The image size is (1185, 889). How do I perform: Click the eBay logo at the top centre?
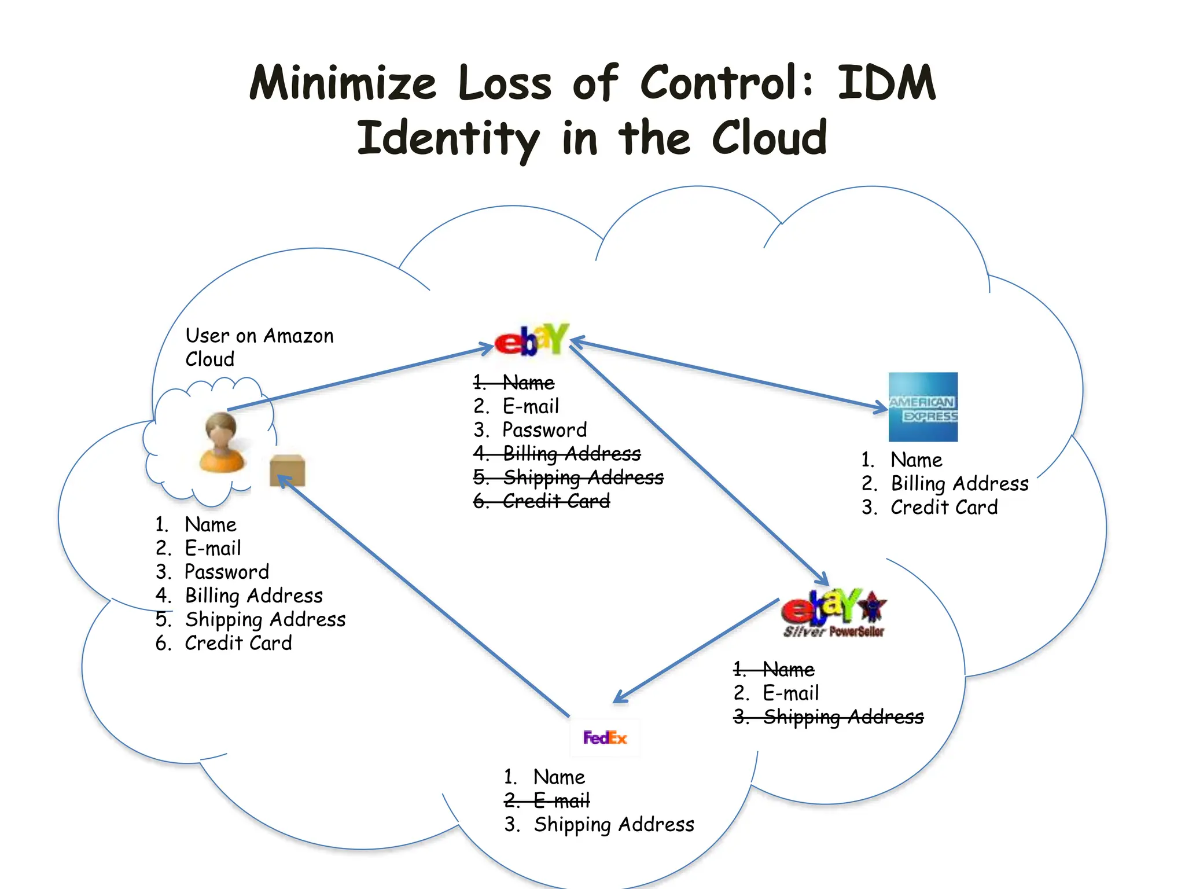pyautogui.click(x=531, y=340)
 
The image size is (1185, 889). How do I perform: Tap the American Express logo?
pyautogui.click(x=923, y=407)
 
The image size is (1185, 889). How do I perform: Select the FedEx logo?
pyautogui.click(x=605, y=737)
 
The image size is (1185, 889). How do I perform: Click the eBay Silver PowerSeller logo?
pyautogui.click(x=834, y=614)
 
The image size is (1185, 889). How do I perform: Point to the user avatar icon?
pyautogui.click(x=222, y=442)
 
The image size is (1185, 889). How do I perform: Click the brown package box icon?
pyautogui.click(x=288, y=470)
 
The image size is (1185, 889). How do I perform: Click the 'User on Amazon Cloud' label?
pyautogui.click(x=259, y=347)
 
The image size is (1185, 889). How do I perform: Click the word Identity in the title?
pyautogui.click(x=448, y=138)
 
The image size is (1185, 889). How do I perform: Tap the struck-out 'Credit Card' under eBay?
pyautogui.click(x=555, y=501)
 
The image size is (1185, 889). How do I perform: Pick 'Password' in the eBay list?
pyautogui.click(x=544, y=430)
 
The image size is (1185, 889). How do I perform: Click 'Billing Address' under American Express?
pyautogui.click(x=959, y=483)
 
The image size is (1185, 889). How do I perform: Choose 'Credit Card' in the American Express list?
pyautogui.click(x=944, y=507)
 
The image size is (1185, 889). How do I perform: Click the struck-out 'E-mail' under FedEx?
pyautogui.click(x=561, y=800)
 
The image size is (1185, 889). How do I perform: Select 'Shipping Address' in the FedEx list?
pyautogui.click(x=613, y=824)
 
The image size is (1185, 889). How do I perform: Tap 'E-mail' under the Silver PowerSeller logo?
pyautogui.click(x=790, y=693)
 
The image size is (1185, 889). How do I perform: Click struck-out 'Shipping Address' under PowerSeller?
pyautogui.click(x=843, y=717)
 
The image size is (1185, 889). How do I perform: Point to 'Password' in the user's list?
pyautogui.click(x=226, y=572)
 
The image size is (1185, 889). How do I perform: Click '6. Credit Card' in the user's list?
pyautogui.click(x=238, y=643)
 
